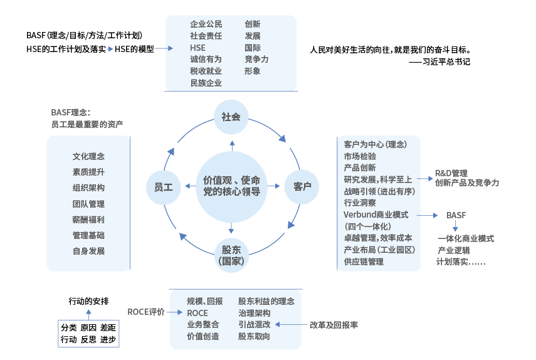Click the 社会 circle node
(231, 117)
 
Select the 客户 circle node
(302, 186)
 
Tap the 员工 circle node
(163, 186)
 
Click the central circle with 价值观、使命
(231, 186)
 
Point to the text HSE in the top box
(197, 48)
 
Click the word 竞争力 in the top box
(256, 59)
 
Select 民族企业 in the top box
(206, 82)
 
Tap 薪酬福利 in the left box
(88, 220)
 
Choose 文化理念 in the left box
(88, 157)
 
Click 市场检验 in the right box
(360, 156)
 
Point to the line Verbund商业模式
(376, 214)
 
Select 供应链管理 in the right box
(364, 262)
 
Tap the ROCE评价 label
(145, 312)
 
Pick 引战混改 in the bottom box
(254, 324)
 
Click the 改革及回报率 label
(334, 325)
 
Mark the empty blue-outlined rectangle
(88, 334)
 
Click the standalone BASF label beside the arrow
(456, 215)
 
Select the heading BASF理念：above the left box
(70, 113)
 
